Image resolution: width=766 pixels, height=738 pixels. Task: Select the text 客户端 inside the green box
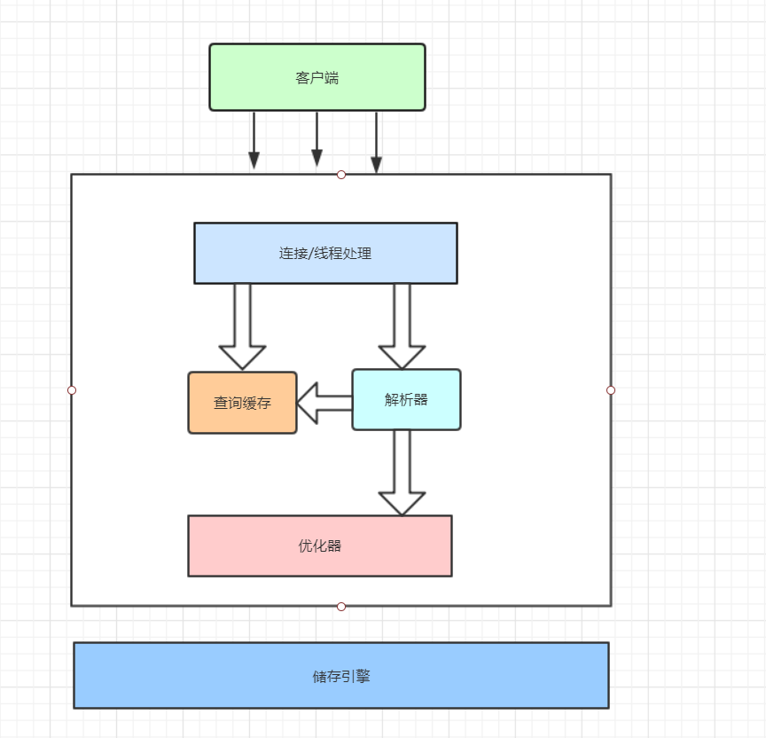[x=317, y=78]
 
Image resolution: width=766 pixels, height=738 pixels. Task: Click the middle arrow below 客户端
[x=317, y=139]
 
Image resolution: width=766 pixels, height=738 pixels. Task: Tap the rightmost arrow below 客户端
[x=376, y=142]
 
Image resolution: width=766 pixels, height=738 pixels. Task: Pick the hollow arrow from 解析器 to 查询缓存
[x=324, y=403]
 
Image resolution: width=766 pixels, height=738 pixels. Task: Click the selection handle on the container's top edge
[x=341, y=175]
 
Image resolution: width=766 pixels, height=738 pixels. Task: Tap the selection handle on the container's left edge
[x=72, y=390]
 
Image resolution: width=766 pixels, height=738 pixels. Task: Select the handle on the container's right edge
[x=611, y=390]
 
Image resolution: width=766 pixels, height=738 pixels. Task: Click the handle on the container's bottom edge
[x=341, y=607]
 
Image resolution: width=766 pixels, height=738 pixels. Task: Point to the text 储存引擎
[x=341, y=676]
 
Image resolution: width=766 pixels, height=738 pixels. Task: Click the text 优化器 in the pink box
[x=320, y=546]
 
